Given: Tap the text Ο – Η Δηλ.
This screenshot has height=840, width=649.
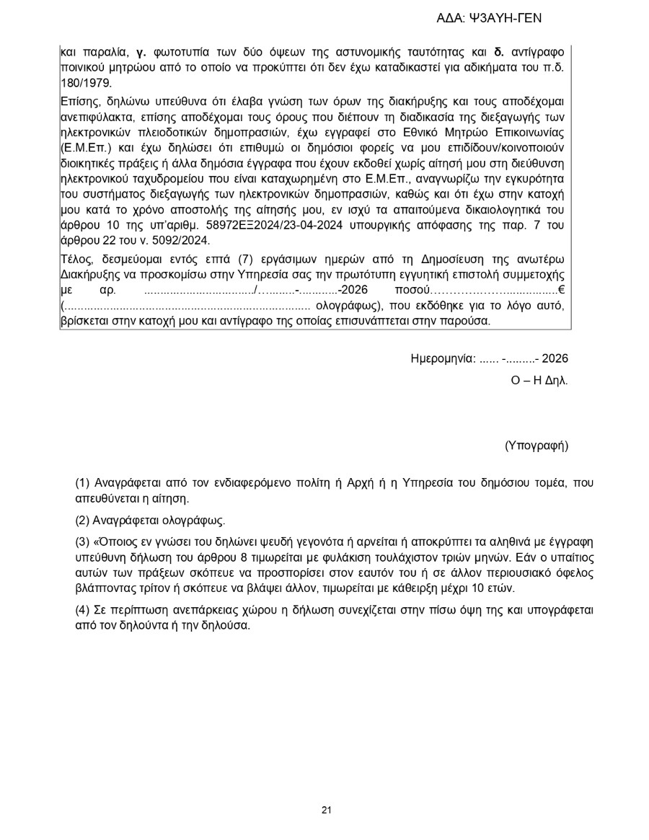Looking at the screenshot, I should pyautogui.click(x=539, y=379).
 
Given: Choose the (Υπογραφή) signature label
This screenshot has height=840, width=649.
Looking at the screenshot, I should pyautogui.click(x=537, y=446).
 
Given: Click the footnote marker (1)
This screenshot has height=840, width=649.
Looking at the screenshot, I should pyautogui.click(x=82, y=482).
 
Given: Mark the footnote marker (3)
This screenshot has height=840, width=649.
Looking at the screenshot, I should pyautogui.click(x=82, y=541).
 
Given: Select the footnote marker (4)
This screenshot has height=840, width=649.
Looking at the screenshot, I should pyautogui.click(x=82, y=610).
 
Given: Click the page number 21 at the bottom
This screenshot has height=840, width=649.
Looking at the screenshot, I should pyautogui.click(x=326, y=810).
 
